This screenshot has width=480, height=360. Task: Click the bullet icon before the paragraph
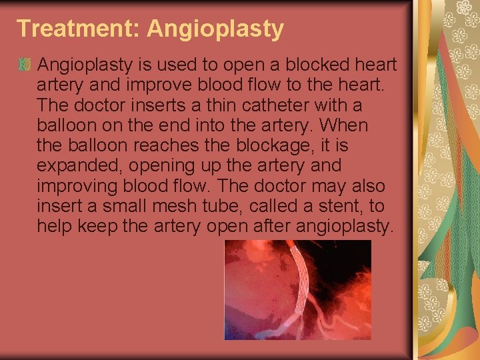click(x=25, y=65)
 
